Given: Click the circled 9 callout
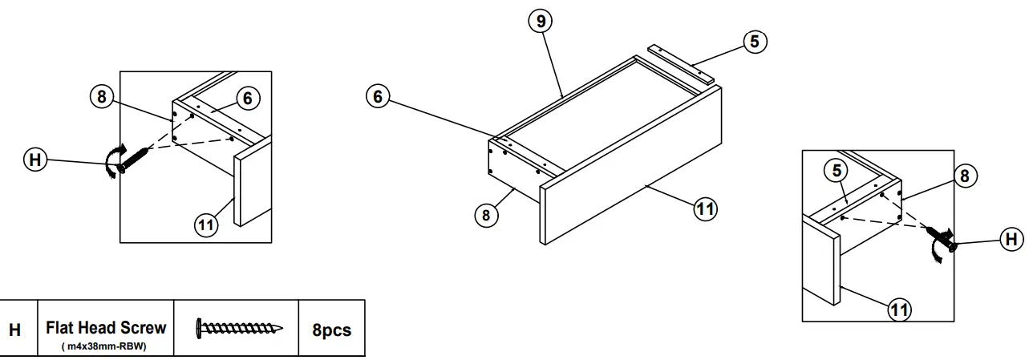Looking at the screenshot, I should click(541, 22).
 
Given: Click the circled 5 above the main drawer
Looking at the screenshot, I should click(755, 41).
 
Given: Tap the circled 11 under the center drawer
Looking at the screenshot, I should click(705, 208).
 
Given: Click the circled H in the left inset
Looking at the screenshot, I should click(34, 160).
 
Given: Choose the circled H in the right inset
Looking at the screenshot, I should click(1012, 238).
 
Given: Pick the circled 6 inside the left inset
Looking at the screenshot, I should click(248, 98).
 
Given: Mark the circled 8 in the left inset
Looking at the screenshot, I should click(101, 97).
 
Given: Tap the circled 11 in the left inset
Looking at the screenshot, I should click(206, 224).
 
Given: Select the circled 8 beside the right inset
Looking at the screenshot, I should click(965, 176).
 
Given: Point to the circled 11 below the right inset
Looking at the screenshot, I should click(900, 307).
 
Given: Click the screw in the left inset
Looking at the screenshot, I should click(132, 158).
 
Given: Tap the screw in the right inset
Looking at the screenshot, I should click(940, 237).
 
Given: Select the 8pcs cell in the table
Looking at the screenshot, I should click(331, 329).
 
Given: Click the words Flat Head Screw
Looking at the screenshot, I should click(106, 327).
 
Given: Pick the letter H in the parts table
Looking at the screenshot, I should click(15, 330).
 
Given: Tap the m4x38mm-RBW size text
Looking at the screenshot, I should click(106, 346).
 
